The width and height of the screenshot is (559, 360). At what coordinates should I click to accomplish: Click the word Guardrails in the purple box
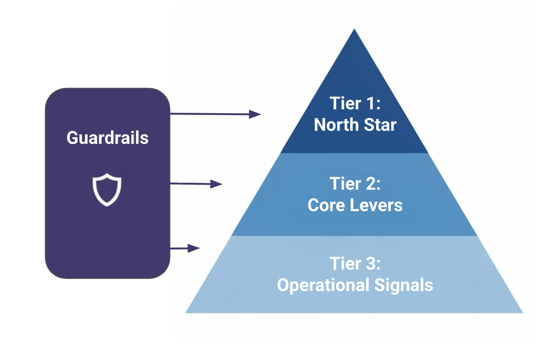pos(108,138)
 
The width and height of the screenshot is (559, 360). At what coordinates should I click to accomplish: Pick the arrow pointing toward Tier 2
pos(196,184)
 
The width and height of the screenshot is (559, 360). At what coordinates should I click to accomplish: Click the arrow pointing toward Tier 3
pos(185,249)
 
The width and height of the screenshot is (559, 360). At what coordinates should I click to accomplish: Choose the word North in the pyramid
pos(335,125)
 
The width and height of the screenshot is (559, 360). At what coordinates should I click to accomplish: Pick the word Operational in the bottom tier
pos(321,285)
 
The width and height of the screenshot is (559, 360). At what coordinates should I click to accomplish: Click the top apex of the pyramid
pos(354,30)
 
